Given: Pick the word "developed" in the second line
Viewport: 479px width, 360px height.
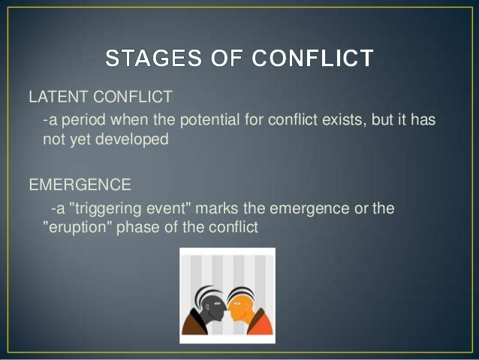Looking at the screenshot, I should [x=132, y=140].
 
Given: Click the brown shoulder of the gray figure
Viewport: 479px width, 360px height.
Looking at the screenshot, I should [x=194, y=323].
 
